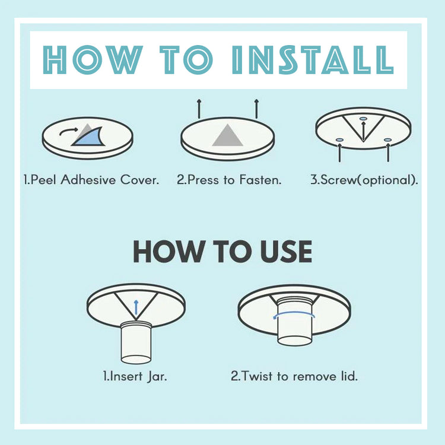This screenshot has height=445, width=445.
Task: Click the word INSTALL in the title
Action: point(313,60)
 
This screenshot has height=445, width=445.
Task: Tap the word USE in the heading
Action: point(286,252)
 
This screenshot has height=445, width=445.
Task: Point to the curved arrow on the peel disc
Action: point(68,131)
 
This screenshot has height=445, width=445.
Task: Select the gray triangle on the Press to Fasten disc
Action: point(227,135)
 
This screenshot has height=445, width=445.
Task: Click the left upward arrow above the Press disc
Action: point(199,109)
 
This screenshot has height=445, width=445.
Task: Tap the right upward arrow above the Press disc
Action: point(256,109)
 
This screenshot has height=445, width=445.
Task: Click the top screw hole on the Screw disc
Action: point(363,119)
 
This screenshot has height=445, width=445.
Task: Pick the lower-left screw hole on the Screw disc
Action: point(340,140)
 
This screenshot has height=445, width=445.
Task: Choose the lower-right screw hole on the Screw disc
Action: point(388,140)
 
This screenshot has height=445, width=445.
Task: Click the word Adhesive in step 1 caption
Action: point(88,180)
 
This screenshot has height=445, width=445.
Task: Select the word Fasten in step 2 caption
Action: point(260,180)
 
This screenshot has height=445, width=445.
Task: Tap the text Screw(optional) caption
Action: point(364,180)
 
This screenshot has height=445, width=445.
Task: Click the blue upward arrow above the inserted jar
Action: point(136,307)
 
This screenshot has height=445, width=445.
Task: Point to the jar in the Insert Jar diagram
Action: point(136,342)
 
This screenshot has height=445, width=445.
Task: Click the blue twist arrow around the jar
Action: point(294,314)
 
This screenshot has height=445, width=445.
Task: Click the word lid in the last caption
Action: point(349,376)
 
